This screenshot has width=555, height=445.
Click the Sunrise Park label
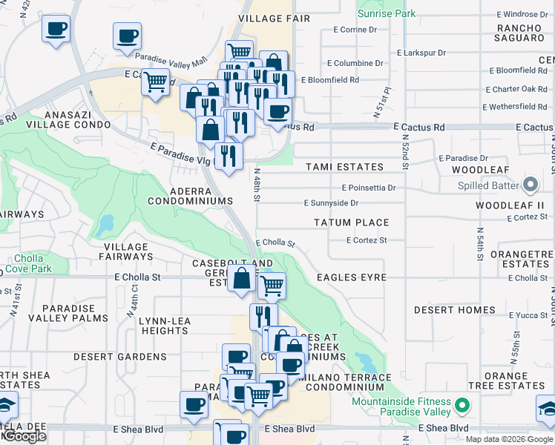387,13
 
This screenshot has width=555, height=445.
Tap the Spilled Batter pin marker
531,184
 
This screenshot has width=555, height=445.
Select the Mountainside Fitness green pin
462,406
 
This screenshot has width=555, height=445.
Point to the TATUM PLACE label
351,222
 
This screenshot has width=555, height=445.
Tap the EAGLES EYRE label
352,277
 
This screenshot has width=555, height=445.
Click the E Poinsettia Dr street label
369,188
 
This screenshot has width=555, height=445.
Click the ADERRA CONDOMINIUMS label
190,196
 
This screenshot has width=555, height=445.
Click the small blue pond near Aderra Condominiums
105,222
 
